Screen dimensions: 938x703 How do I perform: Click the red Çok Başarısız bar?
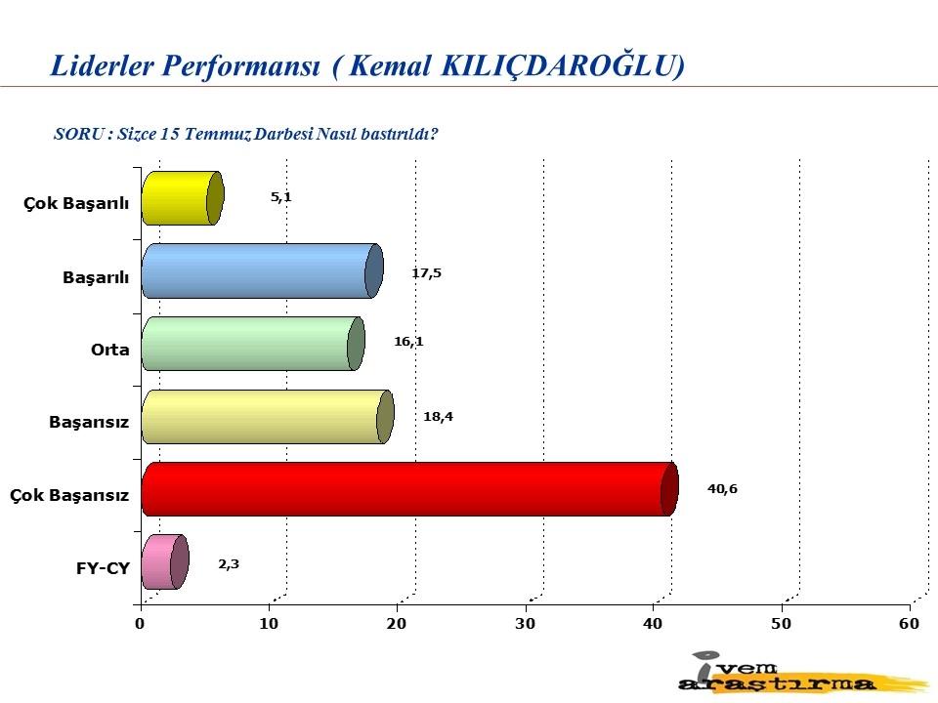point(410,489)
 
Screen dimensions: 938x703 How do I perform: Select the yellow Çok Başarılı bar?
point(183,198)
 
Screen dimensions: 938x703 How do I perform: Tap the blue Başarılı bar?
point(263,270)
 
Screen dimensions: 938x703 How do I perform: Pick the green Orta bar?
point(254,344)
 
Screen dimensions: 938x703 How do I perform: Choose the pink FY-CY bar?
point(166,562)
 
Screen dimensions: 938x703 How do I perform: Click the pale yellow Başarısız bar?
point(268,417)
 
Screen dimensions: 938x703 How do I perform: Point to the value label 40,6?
point(722,489)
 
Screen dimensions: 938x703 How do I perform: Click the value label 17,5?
point(427,273)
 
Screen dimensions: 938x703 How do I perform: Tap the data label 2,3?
point(229,564)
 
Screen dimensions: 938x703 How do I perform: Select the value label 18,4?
point(438,417)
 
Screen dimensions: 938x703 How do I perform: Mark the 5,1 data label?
point(281,197)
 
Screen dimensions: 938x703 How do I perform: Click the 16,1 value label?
point(408,342)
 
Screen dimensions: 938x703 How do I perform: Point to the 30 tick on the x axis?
point(525,624)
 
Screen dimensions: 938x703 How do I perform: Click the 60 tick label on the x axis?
point(909,624)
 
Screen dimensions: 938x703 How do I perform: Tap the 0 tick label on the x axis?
point(140,624)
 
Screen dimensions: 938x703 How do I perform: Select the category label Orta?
point(110,350)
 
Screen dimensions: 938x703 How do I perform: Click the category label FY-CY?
point(103,568)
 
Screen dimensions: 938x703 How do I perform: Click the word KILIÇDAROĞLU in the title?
point(563,65)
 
